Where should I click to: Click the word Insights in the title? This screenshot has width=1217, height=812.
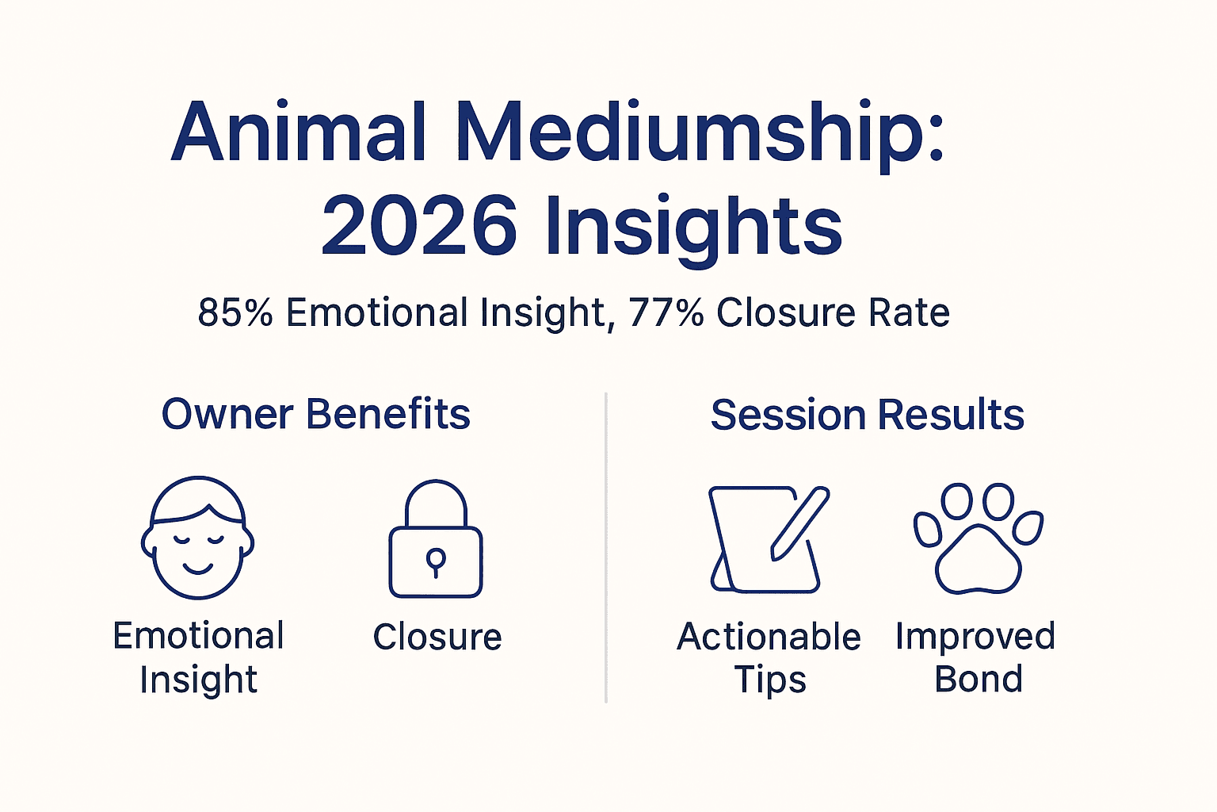(x=694, y=227)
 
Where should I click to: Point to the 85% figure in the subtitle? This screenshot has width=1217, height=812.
(x=235, y=312)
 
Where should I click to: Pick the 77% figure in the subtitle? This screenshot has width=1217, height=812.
(x=666, y=312)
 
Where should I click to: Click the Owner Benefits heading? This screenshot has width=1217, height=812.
(x=316, y=414)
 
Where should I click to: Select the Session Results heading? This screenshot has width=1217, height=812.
(x=867, y=415)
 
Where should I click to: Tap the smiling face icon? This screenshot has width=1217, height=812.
(x=197, y=538)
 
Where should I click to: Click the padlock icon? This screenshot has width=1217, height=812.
(x=436, y=538)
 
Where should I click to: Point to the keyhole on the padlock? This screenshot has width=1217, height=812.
(x=436, y=561)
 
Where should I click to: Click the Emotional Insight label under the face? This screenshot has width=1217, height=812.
(x=198, y=657)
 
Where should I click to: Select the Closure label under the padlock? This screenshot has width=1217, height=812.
(x=437, y=637)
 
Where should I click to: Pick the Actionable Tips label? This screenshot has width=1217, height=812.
(x=769, y=657)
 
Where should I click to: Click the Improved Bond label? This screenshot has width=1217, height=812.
(x=976, y=657)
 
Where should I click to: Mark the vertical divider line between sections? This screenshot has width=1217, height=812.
(x=606, y=547)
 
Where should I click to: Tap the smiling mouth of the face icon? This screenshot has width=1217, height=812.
(x=197, y=568)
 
